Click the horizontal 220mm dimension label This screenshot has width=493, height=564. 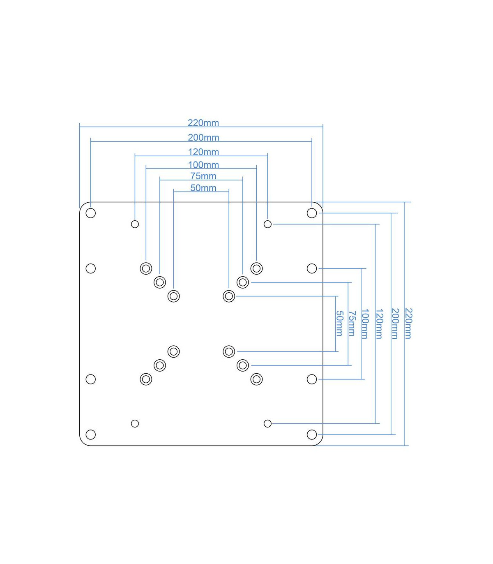point(203,123)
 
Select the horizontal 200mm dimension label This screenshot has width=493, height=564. point(203,137)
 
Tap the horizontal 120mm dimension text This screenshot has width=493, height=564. point(203,152)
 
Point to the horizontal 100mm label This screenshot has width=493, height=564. point(203,165)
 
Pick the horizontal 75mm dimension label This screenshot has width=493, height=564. point(203,176)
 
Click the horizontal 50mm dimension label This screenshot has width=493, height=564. point(203,188)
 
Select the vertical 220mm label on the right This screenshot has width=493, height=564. point(408,324)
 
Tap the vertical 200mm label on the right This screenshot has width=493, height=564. point(395,324)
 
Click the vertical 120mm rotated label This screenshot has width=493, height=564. point(379,324)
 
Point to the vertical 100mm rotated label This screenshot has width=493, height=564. point(365,324)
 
